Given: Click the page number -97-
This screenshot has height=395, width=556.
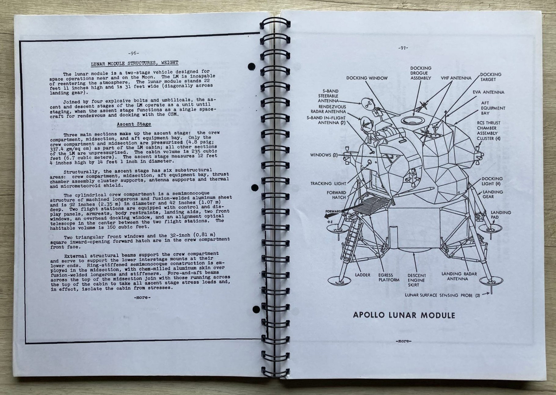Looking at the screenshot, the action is pos(403,48).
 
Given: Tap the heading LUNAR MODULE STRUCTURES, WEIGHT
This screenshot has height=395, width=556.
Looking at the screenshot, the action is pos(134,63).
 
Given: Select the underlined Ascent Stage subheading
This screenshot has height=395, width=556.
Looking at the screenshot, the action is pos(134,124).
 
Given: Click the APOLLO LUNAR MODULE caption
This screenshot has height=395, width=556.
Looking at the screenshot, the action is pos(404,315).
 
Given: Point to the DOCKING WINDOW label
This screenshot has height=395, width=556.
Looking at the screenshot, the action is pos(367,78).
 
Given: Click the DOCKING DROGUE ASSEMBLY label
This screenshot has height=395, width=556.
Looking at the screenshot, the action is pos(421,73).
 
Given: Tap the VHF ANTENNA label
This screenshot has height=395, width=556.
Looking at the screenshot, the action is pos(456,78).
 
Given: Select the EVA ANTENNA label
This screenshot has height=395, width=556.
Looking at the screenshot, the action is pos(489,92).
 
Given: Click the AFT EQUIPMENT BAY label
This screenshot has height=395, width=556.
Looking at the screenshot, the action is pos(493,108).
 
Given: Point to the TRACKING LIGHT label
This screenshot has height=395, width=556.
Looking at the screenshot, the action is pos(328,183).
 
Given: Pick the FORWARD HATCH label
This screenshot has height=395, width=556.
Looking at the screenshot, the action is pos(336,195).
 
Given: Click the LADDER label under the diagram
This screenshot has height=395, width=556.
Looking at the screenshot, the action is pos(362,275).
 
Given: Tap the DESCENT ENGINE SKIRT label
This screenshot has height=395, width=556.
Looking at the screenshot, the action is pos(416,280).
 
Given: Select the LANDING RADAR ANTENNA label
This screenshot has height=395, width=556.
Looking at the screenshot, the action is pos(459,276).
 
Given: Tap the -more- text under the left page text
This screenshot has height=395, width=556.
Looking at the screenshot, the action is pos(142,297).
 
